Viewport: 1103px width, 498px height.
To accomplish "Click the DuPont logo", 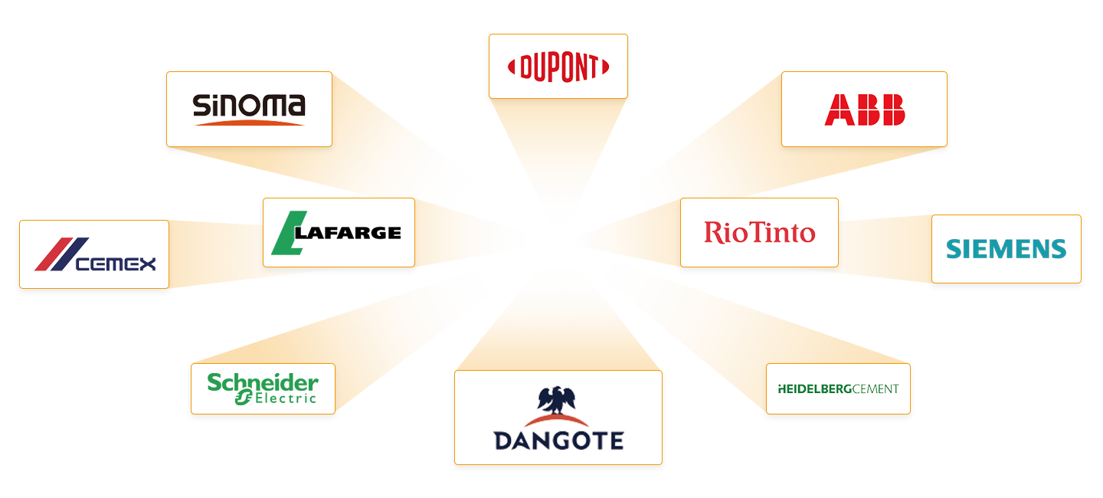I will click(x=558, y=67).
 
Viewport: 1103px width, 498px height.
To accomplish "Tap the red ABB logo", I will click(x=865, y=110).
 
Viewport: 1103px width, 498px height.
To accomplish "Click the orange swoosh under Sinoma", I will click(x=249, y=122).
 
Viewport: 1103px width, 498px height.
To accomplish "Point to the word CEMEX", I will click(x=116, y=264).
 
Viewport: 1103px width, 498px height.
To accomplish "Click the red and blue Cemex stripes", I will click(x=61, y=254).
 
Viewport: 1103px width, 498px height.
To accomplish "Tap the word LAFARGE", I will click(x=348, y=233).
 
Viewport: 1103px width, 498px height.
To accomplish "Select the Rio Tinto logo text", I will click(x=759, y=232).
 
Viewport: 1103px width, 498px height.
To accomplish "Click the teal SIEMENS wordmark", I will click(x=1006, y=249).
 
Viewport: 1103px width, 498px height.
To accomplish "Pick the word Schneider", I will click(x=263, y=382).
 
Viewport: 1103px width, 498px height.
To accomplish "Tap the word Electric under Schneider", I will click(x=286, y=398).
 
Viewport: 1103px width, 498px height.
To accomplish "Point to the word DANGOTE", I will click(x=558, y=441).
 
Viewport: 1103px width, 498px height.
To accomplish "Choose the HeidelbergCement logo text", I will click(x=838, y=389).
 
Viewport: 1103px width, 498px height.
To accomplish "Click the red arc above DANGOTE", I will click(x=558, y=421).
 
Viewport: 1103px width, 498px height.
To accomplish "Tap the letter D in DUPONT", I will click(x=527, y=68).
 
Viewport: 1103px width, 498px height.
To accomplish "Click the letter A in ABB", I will click(x=840, y=110).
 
